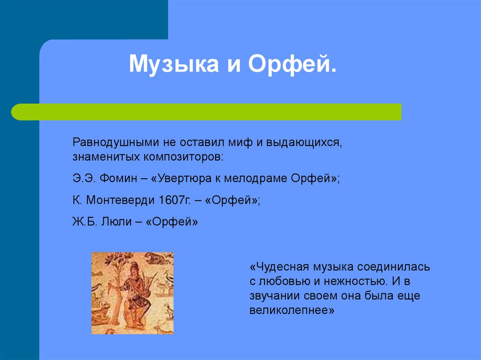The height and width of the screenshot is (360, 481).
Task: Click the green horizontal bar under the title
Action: pyautogui.click(x=207, y=112)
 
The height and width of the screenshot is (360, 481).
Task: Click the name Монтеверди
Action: pyautogui.click(x=120, y=200)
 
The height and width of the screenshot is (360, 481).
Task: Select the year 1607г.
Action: pyautogui.click(x=173, y=200)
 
